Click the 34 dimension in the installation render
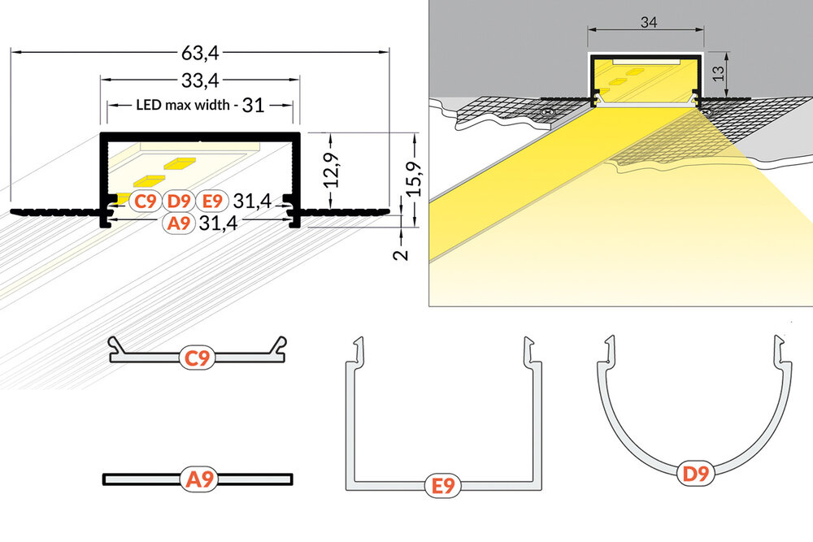pyautogui.click(x=648, y=23)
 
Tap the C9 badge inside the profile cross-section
pyautogui.click(x=146, y=201)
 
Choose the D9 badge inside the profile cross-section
pyautogui.click(x=179, y=201)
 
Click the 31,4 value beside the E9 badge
pyautogui.click(x=251, y=201)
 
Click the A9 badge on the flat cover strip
pyautogui.click(x=200, y=480)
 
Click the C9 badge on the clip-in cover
pyautogui.click(x=198, y=357)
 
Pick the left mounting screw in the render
pyautogui.click(x=550, y=111)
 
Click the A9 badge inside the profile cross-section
pyautogui.click(x=179, y=224)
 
